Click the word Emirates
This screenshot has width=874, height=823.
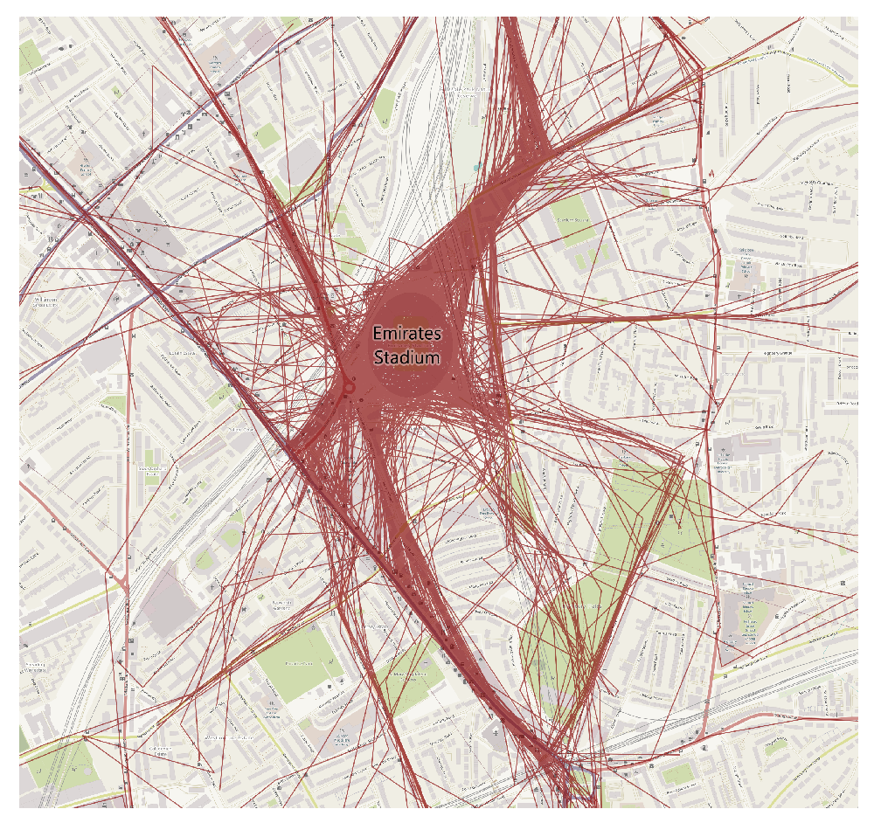407,334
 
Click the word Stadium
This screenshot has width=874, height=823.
407,356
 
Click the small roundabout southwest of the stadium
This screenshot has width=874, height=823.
349,387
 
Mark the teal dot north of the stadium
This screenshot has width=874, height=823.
476,167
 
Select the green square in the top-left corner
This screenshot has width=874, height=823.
31,58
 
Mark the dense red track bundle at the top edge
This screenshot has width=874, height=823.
516,35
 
